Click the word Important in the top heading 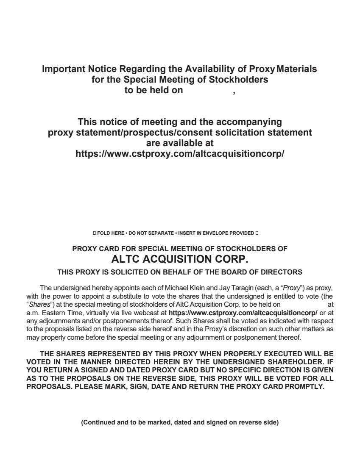coord(63,69)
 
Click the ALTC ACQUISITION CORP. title coord(180,259)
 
